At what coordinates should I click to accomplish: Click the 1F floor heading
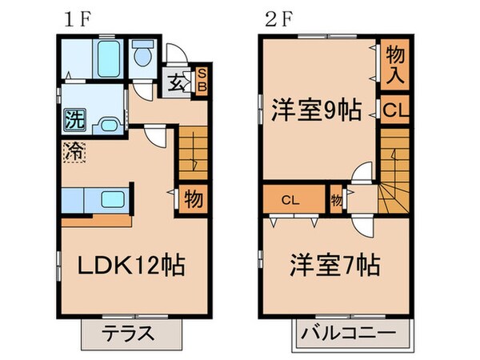tap(70, 18)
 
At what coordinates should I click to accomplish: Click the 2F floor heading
tap(274, 18)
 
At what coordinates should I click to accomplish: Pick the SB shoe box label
tap(201, 81)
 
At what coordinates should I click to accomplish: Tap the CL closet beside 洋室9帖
tap(394, 110)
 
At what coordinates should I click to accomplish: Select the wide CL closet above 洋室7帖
tap(293, 197)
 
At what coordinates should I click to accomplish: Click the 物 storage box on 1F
tap(194, 197)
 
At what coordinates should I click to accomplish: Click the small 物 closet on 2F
tap(336, 198)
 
